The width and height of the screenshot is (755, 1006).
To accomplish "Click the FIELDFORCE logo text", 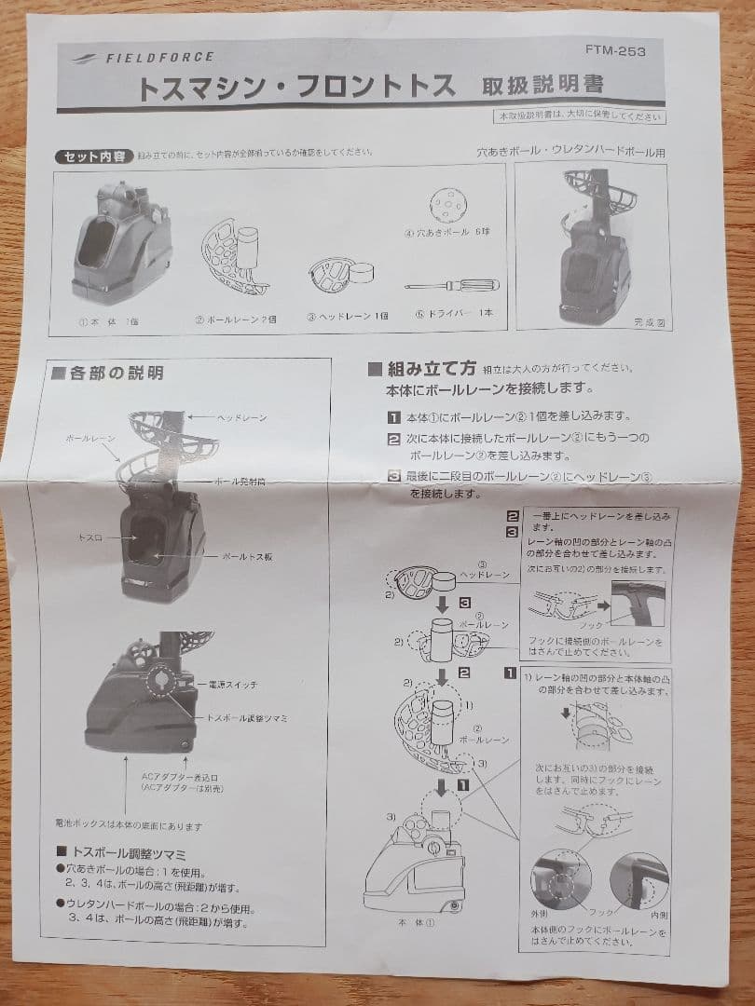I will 158,57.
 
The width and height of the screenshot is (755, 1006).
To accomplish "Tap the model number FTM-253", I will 615,51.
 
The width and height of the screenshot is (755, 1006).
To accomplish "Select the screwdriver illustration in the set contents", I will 453,285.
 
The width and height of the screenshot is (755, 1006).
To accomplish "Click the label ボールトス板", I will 246,557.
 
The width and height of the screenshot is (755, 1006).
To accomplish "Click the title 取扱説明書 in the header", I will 542,86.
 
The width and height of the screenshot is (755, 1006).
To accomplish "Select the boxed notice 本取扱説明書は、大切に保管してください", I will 580,116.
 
